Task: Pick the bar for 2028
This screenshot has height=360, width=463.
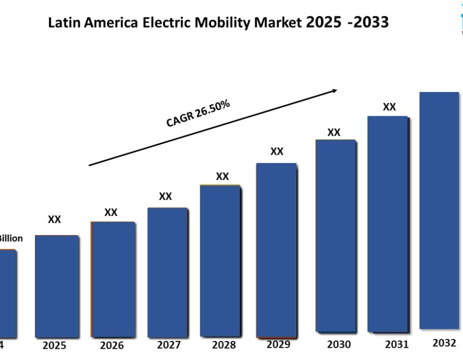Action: [220, 260]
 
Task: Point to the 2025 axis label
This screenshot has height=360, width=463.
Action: [55, 345]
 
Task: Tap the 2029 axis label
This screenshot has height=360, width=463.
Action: [278, 344]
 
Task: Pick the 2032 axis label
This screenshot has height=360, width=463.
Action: [444, 343]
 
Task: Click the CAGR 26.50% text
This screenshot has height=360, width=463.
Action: [198, 114]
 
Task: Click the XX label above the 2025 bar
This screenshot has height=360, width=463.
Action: [55, 220]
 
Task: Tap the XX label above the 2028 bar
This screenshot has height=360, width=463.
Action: [222, 176]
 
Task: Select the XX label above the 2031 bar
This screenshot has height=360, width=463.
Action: [389, 107]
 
